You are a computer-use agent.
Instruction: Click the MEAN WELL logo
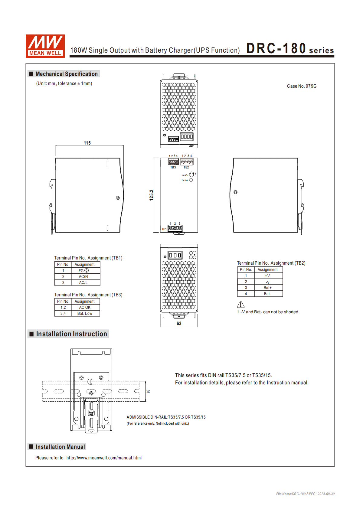pos(45,46)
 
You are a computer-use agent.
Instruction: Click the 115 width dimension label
pos(87,143)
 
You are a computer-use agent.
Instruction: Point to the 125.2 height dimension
pos(152,195)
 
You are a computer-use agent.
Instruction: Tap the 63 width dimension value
pos(179,323)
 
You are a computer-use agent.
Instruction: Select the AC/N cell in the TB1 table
pos(83,276)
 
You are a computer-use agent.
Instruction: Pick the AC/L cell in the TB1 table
pos(83,282)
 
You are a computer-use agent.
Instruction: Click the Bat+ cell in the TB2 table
pos(267,288)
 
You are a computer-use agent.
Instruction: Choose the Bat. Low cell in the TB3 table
pos(84,313)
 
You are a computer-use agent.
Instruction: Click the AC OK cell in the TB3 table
pos(85,307)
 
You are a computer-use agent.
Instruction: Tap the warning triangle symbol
pos(241,304)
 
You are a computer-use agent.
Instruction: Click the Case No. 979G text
pos(302,86)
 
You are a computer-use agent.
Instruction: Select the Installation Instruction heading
pos(71,334)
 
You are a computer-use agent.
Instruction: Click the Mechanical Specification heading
pos(67,74)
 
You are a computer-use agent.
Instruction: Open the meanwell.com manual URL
pos(104,458)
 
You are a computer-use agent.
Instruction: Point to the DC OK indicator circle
pos(191,180)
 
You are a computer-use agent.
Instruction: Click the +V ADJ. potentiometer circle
pos(191,175)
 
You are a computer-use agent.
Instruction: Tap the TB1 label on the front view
pos(164,229)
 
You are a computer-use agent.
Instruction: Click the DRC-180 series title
pos(290,49)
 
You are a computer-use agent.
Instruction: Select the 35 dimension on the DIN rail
pos(148,391)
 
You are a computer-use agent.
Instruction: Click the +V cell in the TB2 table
pos(267,276)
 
